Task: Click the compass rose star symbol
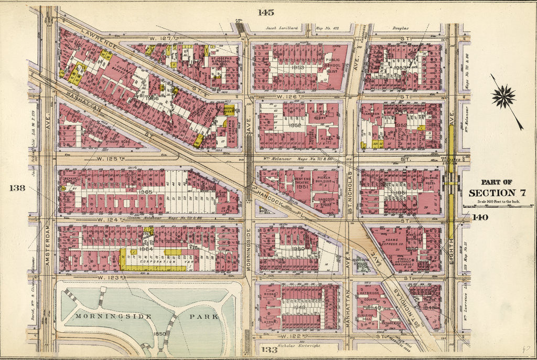pyautogui.click(x=503, y=97)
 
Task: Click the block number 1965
pyautogui.click(x=146, y=193)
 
